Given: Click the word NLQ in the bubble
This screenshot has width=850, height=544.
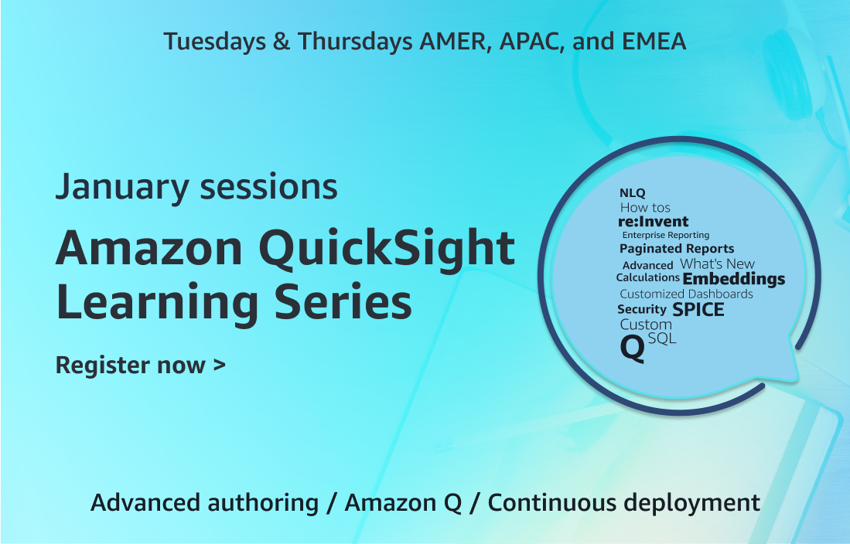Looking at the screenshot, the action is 632,193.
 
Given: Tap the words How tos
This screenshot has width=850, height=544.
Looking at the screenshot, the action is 645,208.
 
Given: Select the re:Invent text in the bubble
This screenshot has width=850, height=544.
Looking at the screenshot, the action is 654,222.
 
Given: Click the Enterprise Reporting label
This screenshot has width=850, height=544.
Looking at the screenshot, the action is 666,235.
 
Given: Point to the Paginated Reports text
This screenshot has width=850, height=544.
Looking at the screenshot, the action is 677,249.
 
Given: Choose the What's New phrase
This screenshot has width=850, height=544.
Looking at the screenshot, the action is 718,263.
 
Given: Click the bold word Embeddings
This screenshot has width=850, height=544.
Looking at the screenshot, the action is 734,279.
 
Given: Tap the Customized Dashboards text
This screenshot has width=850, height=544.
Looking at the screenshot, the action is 686,294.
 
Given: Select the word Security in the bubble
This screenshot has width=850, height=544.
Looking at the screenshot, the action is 642,309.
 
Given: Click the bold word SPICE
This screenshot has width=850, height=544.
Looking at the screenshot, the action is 698,310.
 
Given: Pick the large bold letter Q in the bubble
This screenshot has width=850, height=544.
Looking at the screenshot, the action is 632,348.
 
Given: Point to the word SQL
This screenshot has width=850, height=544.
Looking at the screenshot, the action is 662,338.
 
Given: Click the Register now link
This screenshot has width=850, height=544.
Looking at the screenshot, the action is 141,365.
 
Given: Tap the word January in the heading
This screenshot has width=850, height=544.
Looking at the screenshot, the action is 122,188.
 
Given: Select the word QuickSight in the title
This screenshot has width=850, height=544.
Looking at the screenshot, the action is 387,249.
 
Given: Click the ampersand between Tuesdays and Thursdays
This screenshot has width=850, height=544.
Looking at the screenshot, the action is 282,42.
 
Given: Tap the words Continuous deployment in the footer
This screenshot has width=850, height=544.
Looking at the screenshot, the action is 623,503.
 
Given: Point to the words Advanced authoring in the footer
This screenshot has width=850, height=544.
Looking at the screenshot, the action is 204,503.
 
